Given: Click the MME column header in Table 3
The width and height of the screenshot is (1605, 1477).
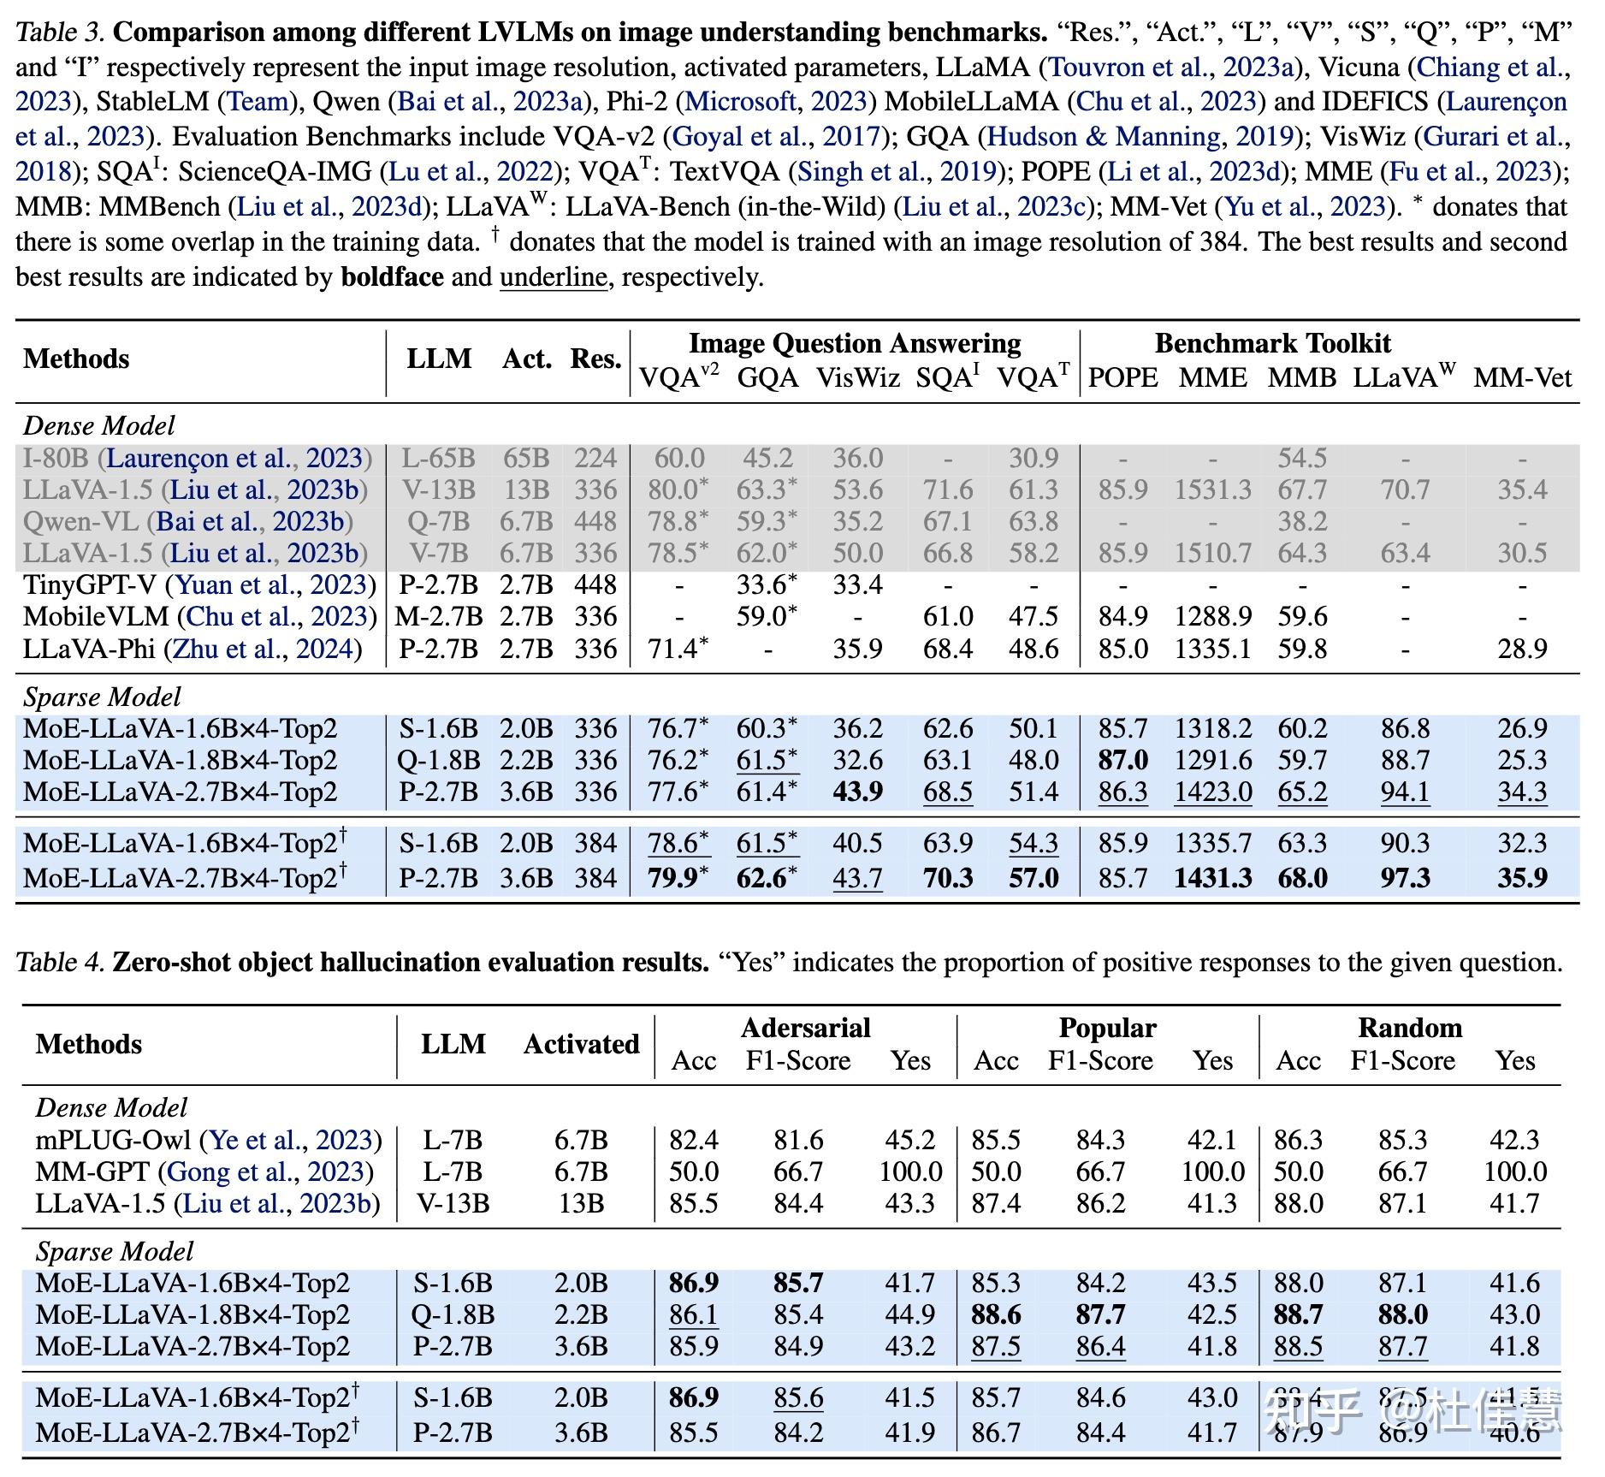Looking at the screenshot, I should coord(1212,377).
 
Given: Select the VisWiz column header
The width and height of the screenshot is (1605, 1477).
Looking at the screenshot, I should coord(857,377).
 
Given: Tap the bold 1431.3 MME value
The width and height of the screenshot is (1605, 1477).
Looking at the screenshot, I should coord(1212,878).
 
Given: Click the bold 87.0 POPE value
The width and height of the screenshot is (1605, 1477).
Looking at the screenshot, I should coord(1122,760).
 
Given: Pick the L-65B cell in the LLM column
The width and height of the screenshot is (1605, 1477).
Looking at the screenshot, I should coord(438,459).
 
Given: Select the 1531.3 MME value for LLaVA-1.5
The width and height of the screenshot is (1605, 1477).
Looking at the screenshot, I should coord(1212,490).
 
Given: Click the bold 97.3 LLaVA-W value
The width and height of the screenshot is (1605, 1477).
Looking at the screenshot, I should coord(1404,878).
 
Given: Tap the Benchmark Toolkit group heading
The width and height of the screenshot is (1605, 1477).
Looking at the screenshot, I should coord(1272,343).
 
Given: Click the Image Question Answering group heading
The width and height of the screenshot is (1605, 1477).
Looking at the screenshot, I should coord(855,343).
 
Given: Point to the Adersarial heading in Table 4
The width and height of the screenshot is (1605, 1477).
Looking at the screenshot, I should coord(805,1027).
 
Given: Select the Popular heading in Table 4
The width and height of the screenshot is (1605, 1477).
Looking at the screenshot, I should coord(1107,1027).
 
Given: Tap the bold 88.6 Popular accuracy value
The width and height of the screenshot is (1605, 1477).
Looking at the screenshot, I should coord(996,1314).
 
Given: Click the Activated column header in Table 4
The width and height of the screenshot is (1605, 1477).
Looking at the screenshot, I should coord(581,1044).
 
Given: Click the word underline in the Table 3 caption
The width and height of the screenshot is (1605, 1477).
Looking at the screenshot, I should coord(553,277).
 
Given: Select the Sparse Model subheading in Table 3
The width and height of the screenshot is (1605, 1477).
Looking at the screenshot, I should coord(102,697).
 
